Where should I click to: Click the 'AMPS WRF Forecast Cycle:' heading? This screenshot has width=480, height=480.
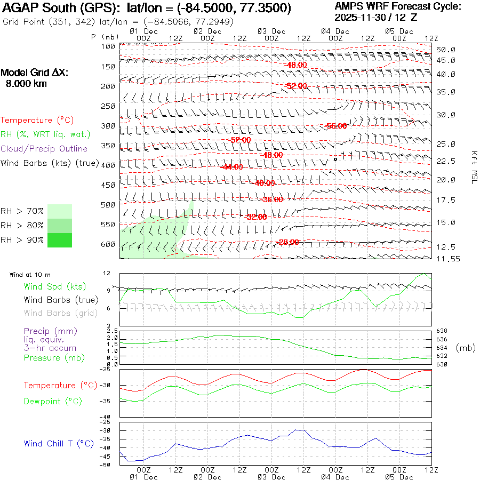click(x=398, y=6)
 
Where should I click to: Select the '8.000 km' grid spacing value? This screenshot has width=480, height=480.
click(x=26, y=84)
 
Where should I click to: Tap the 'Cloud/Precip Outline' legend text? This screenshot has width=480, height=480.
click(x=44, y=149)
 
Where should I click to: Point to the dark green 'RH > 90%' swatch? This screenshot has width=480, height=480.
click(x=60, y=240)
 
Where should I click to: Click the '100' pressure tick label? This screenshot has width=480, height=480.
click(x=108, y=47)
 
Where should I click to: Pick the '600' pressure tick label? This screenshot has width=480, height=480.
click(x=108, y=244)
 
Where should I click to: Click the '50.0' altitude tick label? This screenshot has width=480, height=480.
click(x=446, y=50)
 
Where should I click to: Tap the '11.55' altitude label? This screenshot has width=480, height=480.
click(x=446, y=259)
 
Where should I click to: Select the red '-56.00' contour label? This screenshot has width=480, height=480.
click(x=337, y=126)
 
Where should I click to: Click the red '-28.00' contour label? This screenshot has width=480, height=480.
click(x=289, y=242)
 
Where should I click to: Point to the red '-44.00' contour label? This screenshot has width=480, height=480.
click(x=231, y=167)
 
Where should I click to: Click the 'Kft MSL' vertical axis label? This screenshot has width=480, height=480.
click(x=474, y=167)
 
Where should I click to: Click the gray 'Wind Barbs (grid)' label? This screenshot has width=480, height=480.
click(x=61, y=313)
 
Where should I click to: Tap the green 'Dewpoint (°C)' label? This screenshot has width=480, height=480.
click(x=53, y=401)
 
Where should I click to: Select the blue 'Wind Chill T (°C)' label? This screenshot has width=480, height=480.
click(x=59, y=444)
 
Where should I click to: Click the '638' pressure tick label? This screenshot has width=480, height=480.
click(x=441, y=331)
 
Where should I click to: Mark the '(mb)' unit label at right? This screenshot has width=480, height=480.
click(x=466, y=348)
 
